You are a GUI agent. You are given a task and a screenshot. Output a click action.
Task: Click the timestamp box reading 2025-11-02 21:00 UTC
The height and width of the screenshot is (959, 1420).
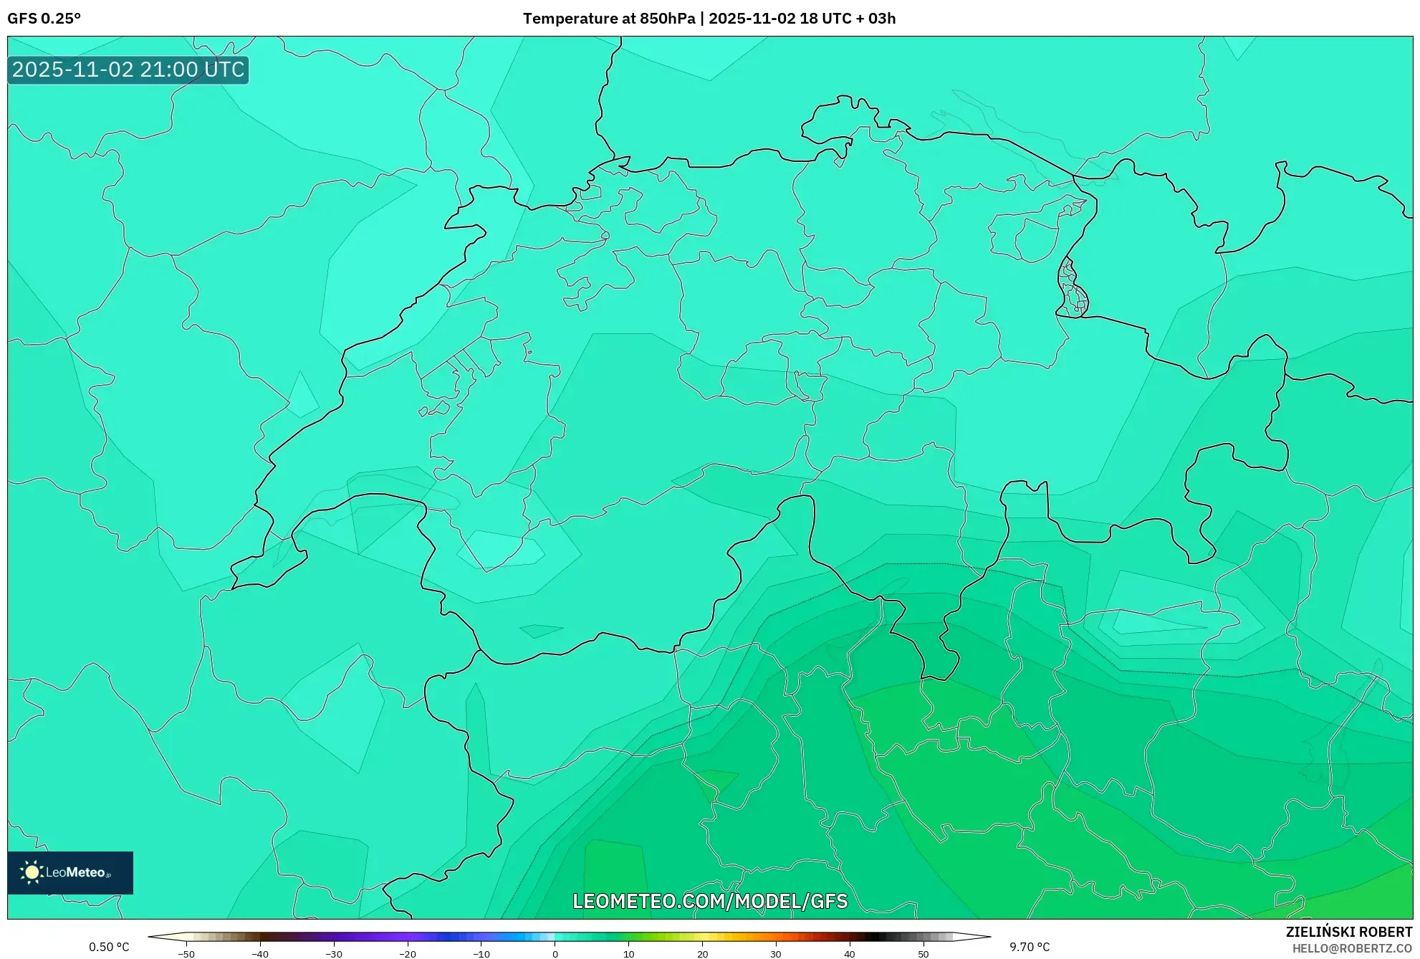pos(128,70)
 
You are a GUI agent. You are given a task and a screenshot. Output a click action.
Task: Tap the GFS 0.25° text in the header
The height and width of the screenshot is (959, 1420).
pos(44,19)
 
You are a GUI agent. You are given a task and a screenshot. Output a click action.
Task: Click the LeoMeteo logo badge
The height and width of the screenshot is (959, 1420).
pos(70,872)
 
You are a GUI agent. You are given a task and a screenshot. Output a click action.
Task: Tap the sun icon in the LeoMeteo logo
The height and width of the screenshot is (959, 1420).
pos(32,872)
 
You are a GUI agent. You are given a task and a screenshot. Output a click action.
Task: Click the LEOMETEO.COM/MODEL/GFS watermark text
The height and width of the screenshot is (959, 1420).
pos(710,901)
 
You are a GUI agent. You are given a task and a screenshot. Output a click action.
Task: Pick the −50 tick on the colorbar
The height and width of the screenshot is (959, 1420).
pos(186,954)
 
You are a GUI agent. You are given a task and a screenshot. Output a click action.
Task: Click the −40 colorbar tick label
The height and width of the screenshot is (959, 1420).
pos(259,954)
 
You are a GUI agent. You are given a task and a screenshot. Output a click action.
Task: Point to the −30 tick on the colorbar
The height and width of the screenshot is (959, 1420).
pos(333,954)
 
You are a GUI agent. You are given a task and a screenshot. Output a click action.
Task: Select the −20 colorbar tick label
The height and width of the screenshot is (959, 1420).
pos(407,954)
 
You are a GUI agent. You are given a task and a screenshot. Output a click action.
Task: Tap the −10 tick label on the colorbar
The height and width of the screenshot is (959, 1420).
pos(481,954)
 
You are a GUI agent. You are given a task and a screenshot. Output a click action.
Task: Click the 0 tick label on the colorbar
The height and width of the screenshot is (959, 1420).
pos(555,954)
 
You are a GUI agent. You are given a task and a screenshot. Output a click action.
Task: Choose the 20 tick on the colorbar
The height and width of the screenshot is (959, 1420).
pos(702,954)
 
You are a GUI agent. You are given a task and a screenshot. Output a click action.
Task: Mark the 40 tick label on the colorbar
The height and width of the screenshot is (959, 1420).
pos(850,954)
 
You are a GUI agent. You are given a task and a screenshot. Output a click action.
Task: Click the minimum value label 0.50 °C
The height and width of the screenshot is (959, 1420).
pos(109,948)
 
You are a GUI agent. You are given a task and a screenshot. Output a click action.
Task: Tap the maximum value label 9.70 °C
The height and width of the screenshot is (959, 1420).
pos(1030,948)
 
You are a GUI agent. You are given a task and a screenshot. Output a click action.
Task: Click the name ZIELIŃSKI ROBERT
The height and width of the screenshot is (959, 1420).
pos(1349,932)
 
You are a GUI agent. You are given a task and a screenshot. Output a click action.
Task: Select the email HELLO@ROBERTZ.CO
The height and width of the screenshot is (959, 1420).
pos(1352,948)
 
